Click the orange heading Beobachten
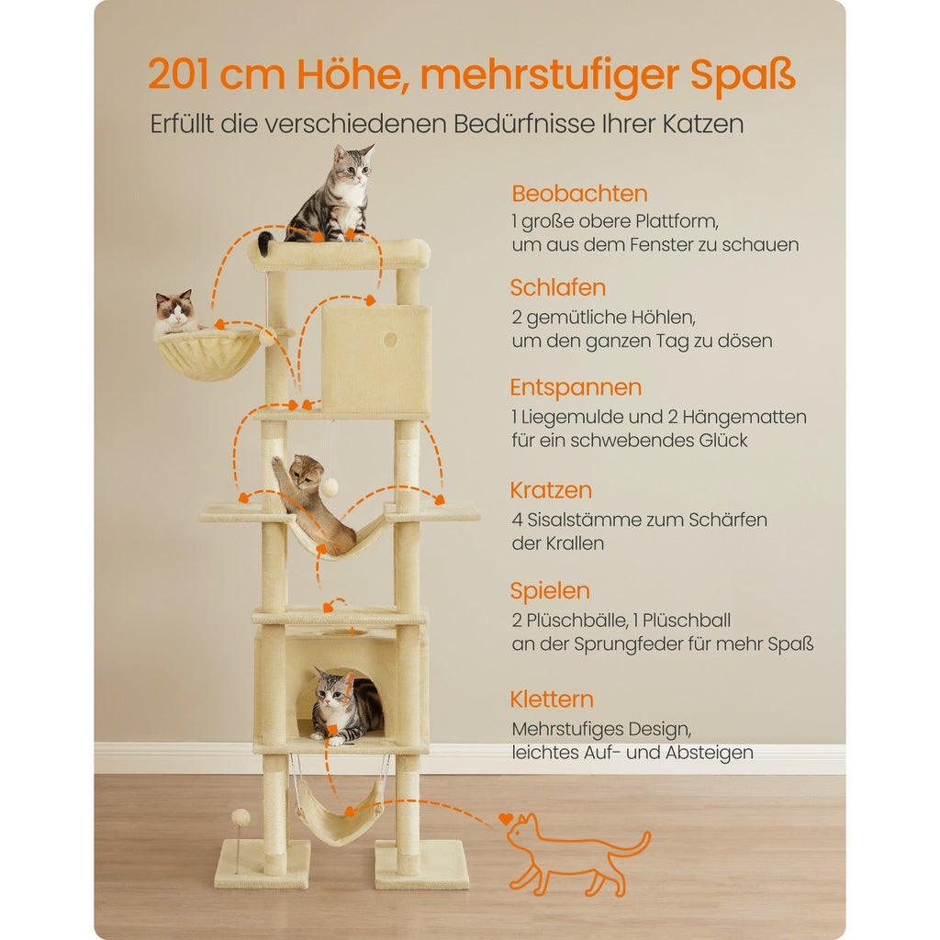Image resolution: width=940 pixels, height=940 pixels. point(579,194)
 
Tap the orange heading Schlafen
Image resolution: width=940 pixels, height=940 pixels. point(558,287)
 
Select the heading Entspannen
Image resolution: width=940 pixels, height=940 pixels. point(576,387)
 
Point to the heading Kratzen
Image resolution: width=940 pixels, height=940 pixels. point(551,490)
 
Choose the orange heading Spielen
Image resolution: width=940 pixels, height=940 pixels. point(550,590)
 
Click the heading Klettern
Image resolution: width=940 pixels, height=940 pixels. point(552,699)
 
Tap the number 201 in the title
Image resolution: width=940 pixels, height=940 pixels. point(187,76)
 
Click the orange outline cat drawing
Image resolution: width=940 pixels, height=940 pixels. point(574,854)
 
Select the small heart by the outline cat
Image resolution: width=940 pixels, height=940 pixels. point(504,818)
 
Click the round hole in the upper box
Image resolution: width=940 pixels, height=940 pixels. point(389,340)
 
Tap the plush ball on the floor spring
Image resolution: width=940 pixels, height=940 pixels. point(241,817)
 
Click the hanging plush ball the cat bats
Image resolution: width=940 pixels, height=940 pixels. point(329,487)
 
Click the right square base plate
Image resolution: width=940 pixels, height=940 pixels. point(421,864)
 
